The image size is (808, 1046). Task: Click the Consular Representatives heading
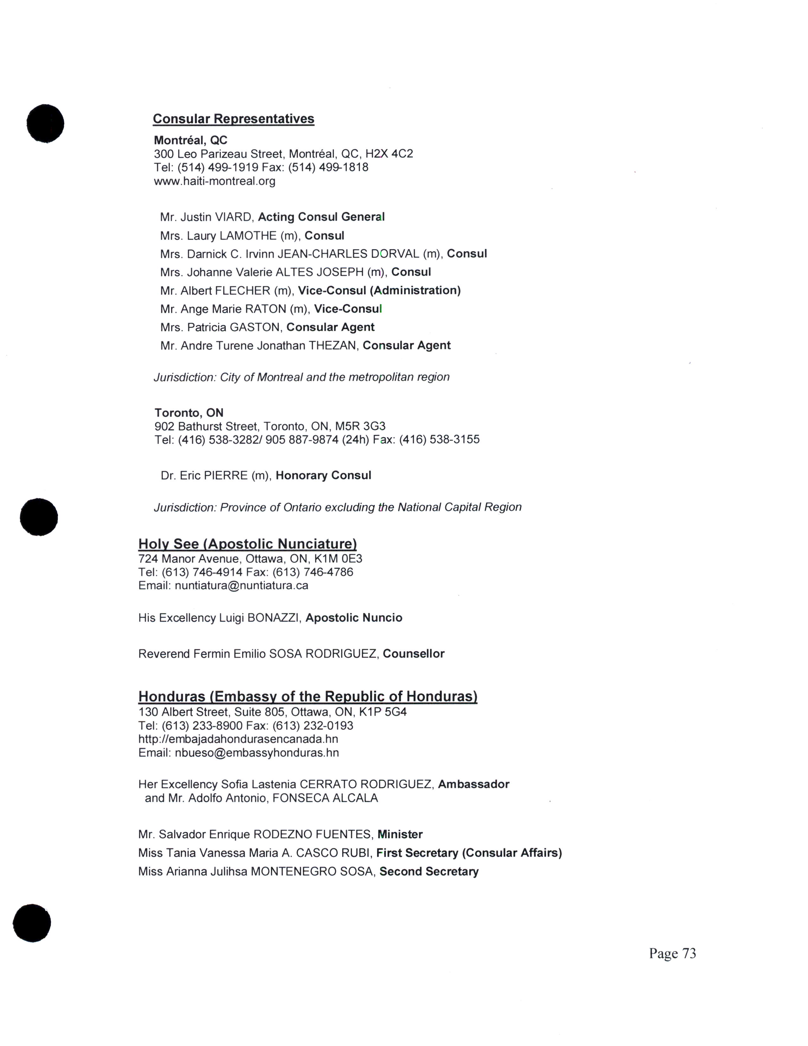233,119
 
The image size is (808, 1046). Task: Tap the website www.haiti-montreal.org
215,181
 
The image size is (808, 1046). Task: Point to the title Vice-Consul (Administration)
379,291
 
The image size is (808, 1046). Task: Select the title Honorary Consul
323,475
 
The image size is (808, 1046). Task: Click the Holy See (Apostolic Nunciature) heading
247,544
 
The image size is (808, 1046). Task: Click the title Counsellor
414,654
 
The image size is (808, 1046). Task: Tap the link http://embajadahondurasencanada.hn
238,739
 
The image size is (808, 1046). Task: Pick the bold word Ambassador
473,784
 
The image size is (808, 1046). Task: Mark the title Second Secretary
429,871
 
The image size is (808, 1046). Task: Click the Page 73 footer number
672,953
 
